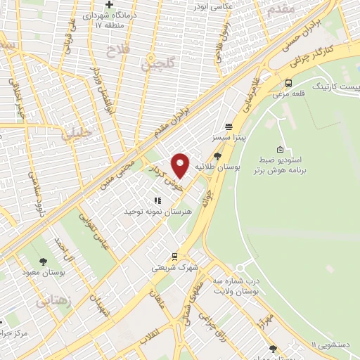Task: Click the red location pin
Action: [x=181, y=165]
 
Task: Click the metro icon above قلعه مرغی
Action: [x=288, y=83]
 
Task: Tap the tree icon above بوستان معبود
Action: [x=44, y=261]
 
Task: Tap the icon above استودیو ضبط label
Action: [x=280, y=149]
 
